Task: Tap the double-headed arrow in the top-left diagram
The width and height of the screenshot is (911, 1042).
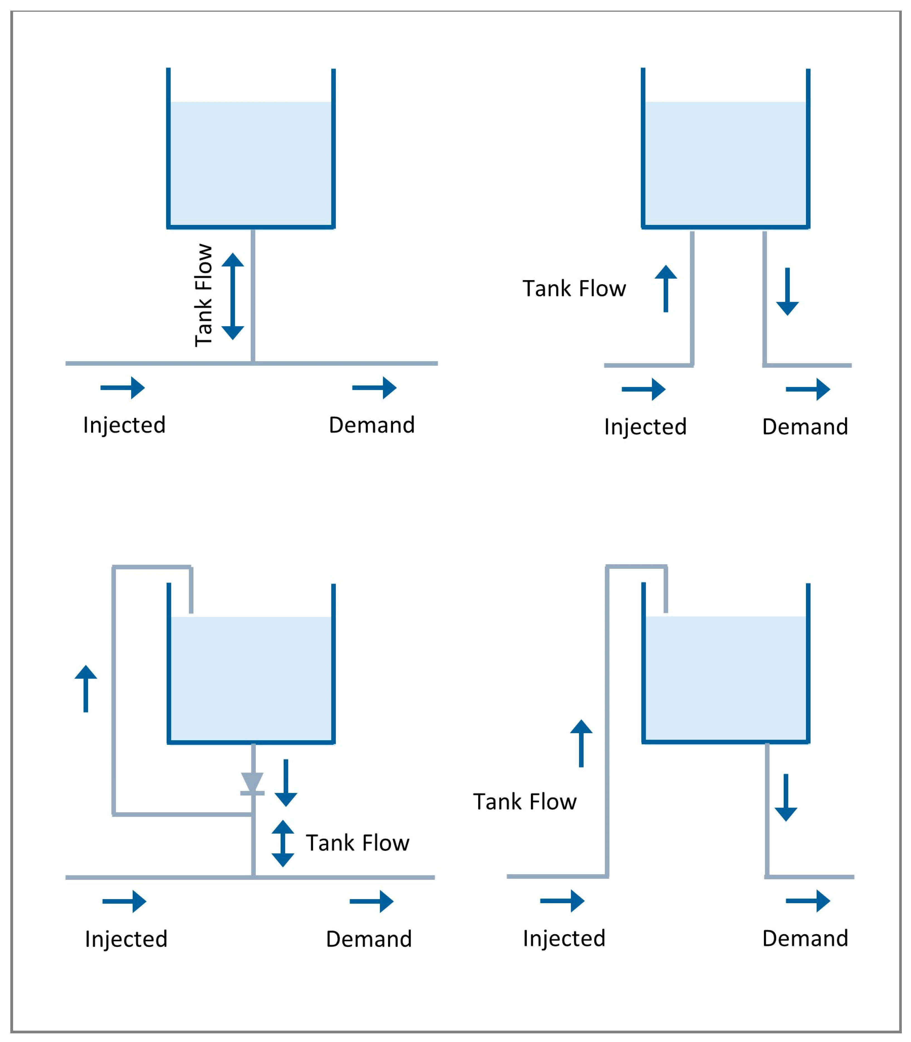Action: pyautogui.click(x=233, y=296)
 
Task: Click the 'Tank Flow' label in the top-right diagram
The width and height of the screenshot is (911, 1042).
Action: pyautogui.click(x=574, y=288)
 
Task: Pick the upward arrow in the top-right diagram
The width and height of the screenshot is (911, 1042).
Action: pyautogui.click(x=666, y=288)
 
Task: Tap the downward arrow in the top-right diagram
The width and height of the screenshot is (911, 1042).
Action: pyautogui.click(x=787, y=292)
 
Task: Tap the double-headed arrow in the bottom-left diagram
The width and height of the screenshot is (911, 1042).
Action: pyautogui.click(x=283, y=843)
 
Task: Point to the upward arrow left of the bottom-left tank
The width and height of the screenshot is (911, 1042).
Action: pyautogui.click(x=86, y=689)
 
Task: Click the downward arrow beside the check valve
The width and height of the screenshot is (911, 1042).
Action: pyautogui.click(x=286, y=783)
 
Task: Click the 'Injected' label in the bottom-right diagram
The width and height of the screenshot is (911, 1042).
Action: pyautogui.click(x=564, y=938)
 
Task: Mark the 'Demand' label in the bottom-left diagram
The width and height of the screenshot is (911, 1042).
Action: pyautogui.click(x=369, y=939)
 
